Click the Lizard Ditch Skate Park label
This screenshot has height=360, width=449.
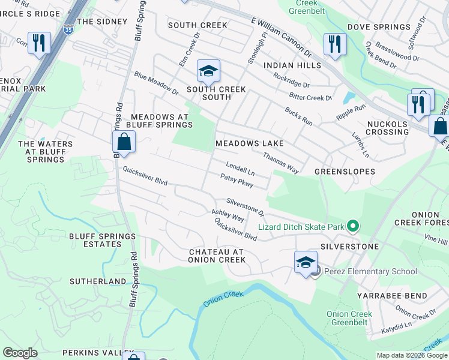[301, 227]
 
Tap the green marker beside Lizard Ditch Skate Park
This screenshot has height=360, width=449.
[353, 226]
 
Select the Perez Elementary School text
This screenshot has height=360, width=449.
[370, 271]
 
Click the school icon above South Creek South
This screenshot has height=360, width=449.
[208, 72]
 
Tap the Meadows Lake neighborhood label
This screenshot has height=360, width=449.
[249, 144]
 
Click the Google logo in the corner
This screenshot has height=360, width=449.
[20, 353]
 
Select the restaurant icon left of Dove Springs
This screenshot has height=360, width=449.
[334, 44]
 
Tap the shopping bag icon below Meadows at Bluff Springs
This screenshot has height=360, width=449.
[124, 142]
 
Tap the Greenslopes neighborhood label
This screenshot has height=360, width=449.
[345, 172]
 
